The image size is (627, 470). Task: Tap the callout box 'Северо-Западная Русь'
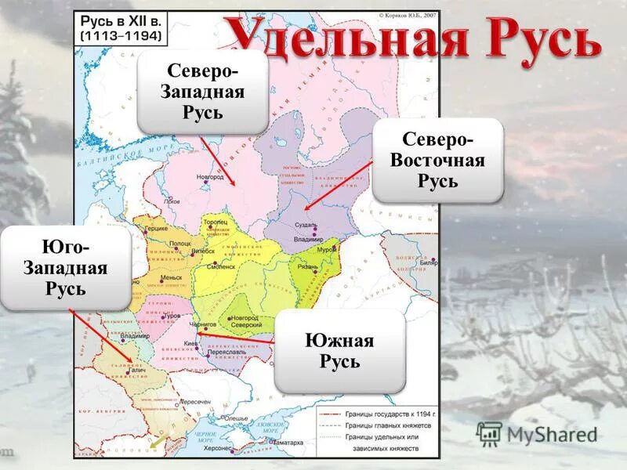tap(202, 92)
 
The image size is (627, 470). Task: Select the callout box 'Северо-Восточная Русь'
tap(437, 161)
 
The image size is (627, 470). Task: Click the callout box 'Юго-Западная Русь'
tap(65, 269)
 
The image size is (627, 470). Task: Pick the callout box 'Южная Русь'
tap(339, 351)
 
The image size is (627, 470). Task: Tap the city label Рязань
tap(307, 266)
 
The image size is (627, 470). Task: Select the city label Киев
tap(191, 343)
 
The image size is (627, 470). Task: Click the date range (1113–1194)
tap(120, 36)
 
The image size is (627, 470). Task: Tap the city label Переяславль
tap(222, 352)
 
